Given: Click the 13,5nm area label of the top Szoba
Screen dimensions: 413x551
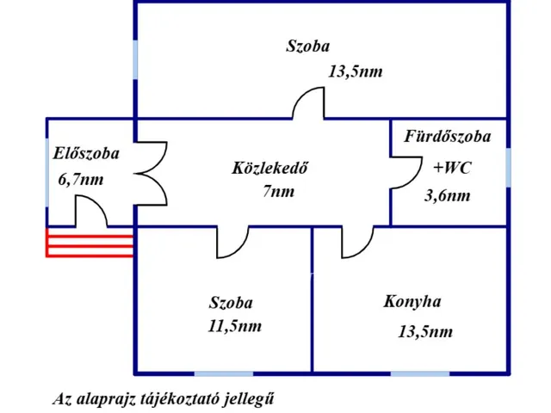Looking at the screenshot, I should tap(355, 72).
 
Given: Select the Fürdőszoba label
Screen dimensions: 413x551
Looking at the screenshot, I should tap(448, 137).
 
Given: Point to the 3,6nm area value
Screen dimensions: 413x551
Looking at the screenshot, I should tap(448, 195).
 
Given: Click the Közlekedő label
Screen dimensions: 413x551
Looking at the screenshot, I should tap(269, 168).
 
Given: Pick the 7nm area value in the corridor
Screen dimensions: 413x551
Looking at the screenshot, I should tap(278, 191).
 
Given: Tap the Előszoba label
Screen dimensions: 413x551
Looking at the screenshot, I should tap(86, 154).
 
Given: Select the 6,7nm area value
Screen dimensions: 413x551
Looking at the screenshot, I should tap(81, 180).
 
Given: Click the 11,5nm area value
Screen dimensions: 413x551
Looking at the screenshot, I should tap(235, 326).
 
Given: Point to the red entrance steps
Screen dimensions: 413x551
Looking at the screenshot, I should tap(90, 243).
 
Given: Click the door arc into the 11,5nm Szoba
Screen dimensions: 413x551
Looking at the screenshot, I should tap(232, 243).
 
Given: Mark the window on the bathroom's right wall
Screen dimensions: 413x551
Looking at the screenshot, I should tap(509, 166).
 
